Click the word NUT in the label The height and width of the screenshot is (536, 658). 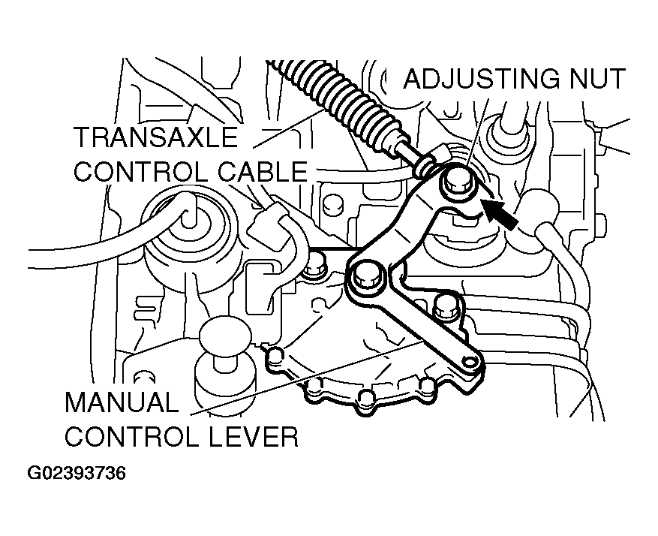pos(598,79)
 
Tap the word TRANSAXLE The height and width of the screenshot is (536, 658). pos(156,137)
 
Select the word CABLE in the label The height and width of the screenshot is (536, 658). pos(263,172)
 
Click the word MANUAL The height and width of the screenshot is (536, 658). pos(122,402)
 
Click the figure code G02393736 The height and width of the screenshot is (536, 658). pos(77,473)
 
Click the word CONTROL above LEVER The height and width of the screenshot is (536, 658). pos(132,436)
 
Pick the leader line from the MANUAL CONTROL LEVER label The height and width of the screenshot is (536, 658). pos(307,378)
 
